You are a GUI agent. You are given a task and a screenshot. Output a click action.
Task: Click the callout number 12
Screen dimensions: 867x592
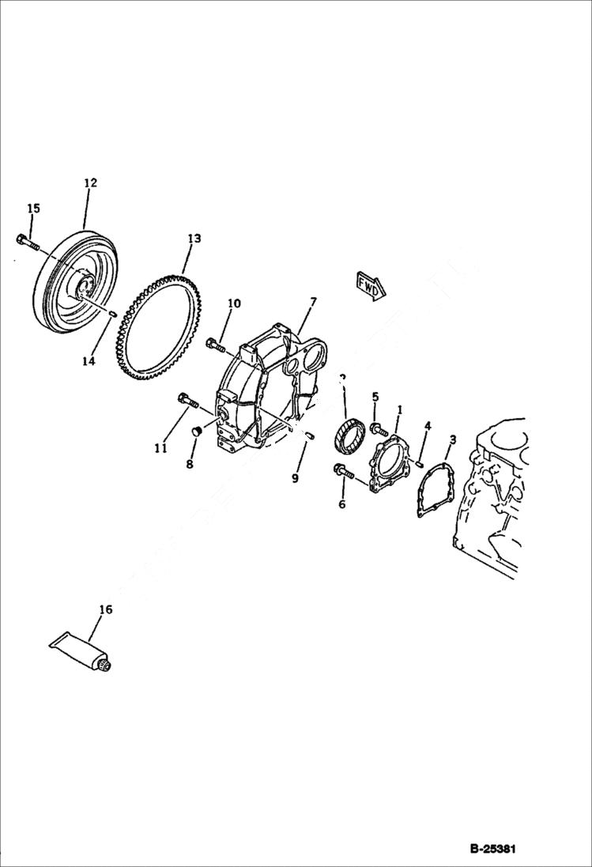coord(90,183)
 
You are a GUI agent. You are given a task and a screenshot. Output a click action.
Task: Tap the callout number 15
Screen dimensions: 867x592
coord(33,209)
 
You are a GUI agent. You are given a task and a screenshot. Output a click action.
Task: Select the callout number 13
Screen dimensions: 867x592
coord(194,238)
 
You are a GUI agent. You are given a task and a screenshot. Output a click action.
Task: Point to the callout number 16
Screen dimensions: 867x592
coord(105,609)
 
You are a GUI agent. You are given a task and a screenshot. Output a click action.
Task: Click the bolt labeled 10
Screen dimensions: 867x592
coord(216,345)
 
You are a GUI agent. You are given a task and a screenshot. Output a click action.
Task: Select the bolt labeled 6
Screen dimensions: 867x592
coord(345,472)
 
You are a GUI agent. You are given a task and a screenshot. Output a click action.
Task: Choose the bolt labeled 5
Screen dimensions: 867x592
coord(379,429)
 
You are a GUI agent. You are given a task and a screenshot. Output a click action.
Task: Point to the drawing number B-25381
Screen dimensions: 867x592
coord(492,850)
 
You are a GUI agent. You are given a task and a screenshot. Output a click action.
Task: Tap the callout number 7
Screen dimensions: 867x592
coord(313,302)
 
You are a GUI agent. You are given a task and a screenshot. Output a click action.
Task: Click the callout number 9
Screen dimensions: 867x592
coord(295,477)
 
